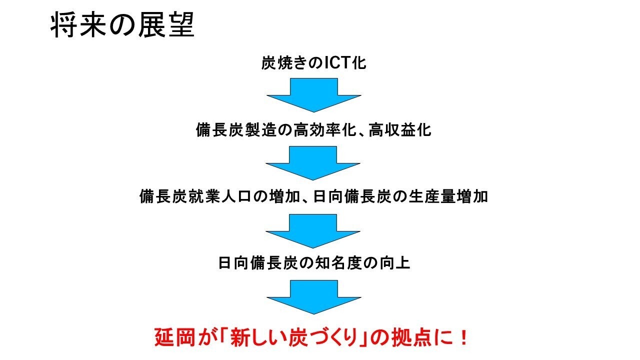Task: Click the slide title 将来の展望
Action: pyautogui.click(x=122, y=24)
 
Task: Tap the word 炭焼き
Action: pyautogui.click(x=284, y=62)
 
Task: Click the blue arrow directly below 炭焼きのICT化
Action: pyautogui.click(x=313, y=95)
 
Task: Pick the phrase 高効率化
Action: pyautogui.click(x=325, y=130)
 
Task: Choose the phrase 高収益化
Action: pyautogui.click(x=400, y=130)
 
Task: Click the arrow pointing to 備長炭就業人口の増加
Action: pyautogui.click(x=313, y=163)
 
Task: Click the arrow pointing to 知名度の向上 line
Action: pyautogui.click(x=313, y=231)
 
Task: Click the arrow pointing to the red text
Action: pyautogui.click(x=313, y=297)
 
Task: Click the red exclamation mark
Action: pyautogui.click(x=463, y=337)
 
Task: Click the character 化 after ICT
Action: pyautogui.click(x=359, y=62)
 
